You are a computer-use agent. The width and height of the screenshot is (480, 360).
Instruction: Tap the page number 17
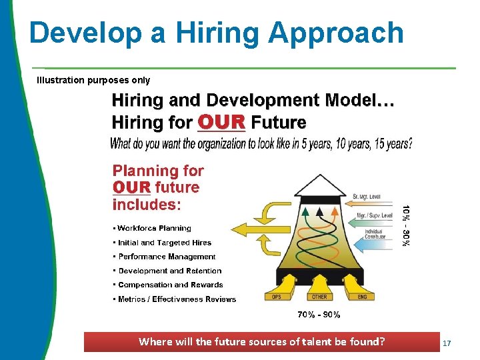[447, 343]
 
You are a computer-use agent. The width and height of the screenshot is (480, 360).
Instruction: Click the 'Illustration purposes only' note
[93, 80]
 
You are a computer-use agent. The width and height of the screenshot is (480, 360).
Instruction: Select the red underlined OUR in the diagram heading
[222, 123]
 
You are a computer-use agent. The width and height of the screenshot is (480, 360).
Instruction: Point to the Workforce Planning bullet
[154, 228]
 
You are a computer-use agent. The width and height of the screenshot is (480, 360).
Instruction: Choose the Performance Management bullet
[167, 257]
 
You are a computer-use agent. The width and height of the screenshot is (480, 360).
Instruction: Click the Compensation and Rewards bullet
[170, 285]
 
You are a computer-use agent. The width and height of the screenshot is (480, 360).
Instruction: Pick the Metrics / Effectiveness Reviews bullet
[177, 299]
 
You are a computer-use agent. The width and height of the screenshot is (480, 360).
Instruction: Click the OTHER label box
[319, 296]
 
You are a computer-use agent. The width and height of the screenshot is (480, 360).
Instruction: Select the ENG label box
[362, 296]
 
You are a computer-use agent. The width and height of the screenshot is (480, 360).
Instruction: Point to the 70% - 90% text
[319, 314]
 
